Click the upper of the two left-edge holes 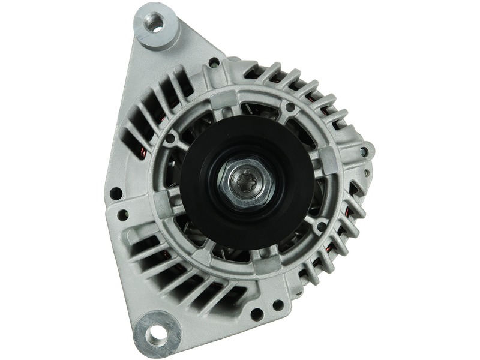pos(116,194)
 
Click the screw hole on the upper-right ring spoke pos(291,109)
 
